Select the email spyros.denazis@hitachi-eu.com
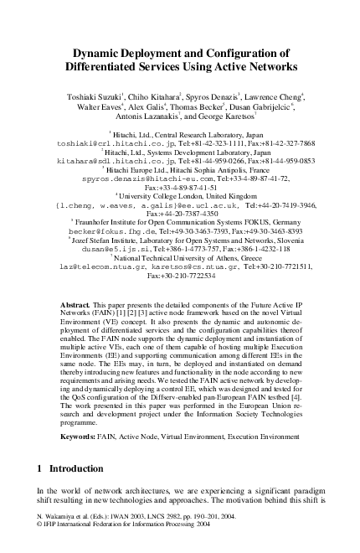pyautogui.click(x=131, y=178)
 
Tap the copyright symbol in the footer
pyautogui.click(x=41, y=529)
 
